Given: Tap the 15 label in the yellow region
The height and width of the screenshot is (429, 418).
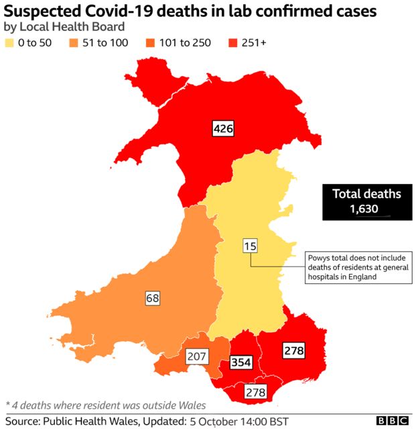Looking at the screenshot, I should (250, 246).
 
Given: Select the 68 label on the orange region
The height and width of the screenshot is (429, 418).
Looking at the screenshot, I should (152, 297).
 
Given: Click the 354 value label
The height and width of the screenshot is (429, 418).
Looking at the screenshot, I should (240, 363).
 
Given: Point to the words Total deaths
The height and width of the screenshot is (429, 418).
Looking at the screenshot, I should (366, 194).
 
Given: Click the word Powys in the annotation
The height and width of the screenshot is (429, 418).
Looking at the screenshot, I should (320, 258).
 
